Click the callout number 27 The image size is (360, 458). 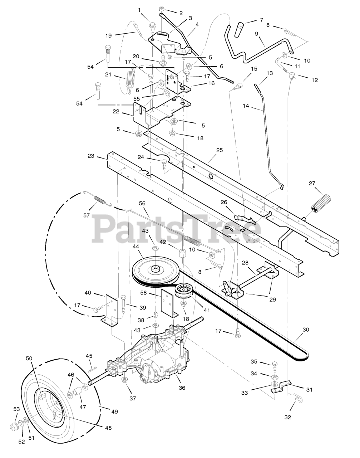tap(312, 184)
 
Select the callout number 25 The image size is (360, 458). tap(219, 150)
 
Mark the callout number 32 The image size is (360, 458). tap(288, 417)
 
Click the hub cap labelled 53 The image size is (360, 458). tap(15, 427)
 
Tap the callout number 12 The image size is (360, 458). tap(314, 80)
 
